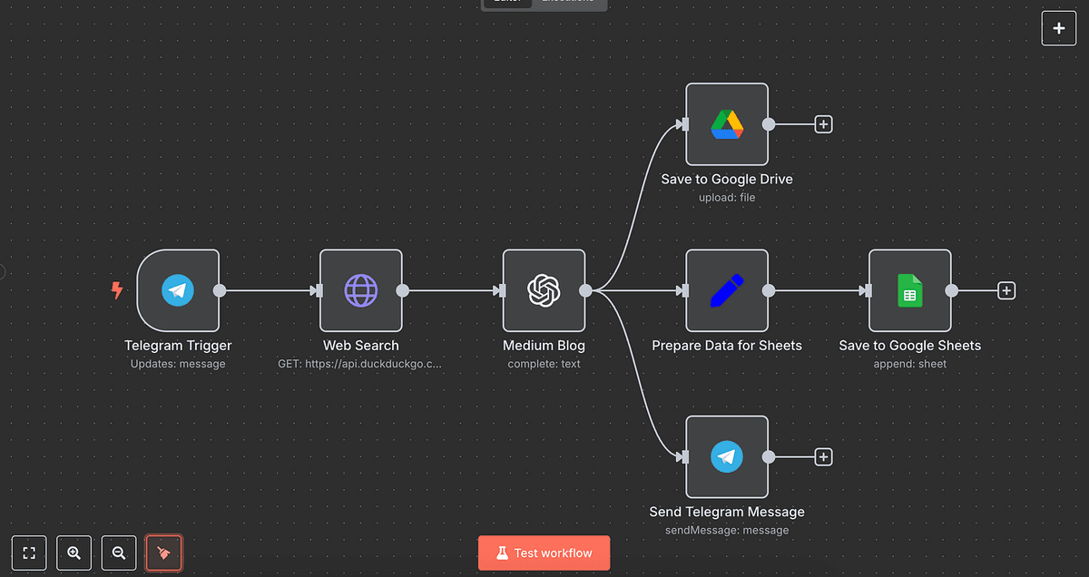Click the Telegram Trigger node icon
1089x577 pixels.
coord(178,290)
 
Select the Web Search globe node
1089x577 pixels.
coord(361,290)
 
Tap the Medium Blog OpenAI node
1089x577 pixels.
coord(544,290)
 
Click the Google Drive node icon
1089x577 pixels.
coord(727,124)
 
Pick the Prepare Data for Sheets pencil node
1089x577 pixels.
coord(727,290)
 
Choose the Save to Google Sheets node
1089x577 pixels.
coord(909,290)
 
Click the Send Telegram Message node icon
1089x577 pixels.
coord(727,456)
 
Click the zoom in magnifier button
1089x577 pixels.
coord(74,553)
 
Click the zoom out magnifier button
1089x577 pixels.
coord(119,553)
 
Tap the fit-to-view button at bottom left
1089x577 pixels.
coord(29,553)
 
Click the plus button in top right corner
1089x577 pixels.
coord(1059,28)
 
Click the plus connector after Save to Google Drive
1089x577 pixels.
coord(823,124)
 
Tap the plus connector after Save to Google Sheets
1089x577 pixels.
coord(1006,290)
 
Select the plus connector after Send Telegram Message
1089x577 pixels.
coord(823,456)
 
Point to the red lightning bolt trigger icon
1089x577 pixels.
coord(116,290)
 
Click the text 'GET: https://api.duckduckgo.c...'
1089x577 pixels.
coord(361,364)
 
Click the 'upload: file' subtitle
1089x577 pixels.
coord(727,197)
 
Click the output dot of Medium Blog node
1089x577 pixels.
coord(586,290)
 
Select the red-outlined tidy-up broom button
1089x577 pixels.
coord(164,553)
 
